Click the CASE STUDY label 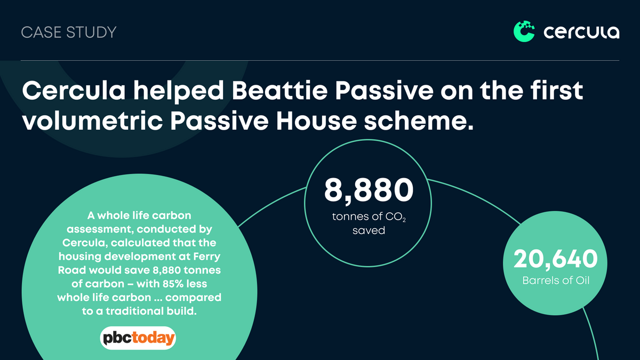pyautogui.click(x=68, y=32)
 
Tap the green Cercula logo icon pyautogui.click(x=524, y=31)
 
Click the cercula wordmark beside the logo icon pyautogui.click(x=581, y=33)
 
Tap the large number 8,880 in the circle pyautogui.click(x=369, y=190)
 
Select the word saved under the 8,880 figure pyautogui.click(x=368, y=231)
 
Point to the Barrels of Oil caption pyautogui.click(x=555, y=279)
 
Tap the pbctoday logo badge pyautogui.click(x=138, y=338)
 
